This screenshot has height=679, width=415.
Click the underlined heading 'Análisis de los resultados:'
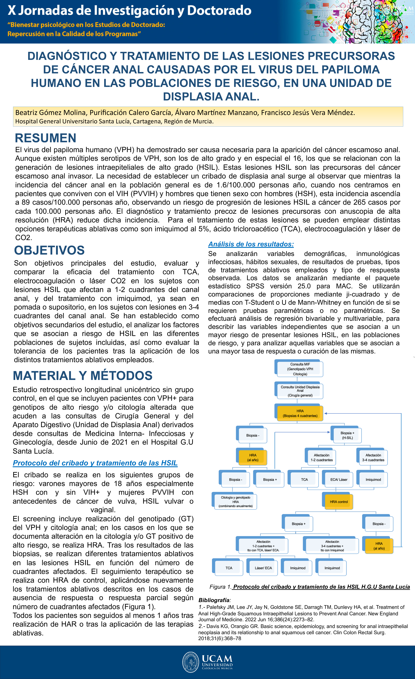tap(251, 244)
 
